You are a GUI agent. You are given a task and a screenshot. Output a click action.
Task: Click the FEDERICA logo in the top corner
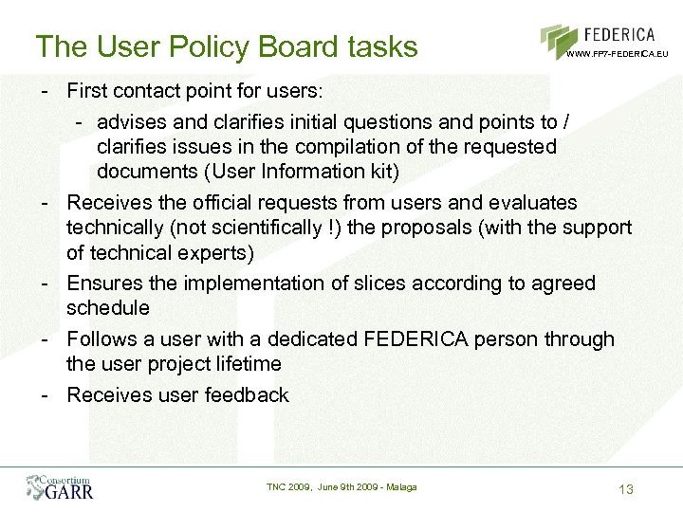pyautogui.click(x=604, y=40)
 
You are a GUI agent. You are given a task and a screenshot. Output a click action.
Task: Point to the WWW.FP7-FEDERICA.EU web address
pyautogui.click(x=618, y=54)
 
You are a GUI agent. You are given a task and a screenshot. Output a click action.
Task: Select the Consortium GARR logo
pyautogui.click(x=60, y=486)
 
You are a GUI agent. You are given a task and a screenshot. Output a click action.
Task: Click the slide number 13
pyautogui.click(x=625, y=489)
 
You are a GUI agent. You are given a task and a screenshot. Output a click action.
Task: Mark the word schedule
pyautogui.click(x=108, y=308)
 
